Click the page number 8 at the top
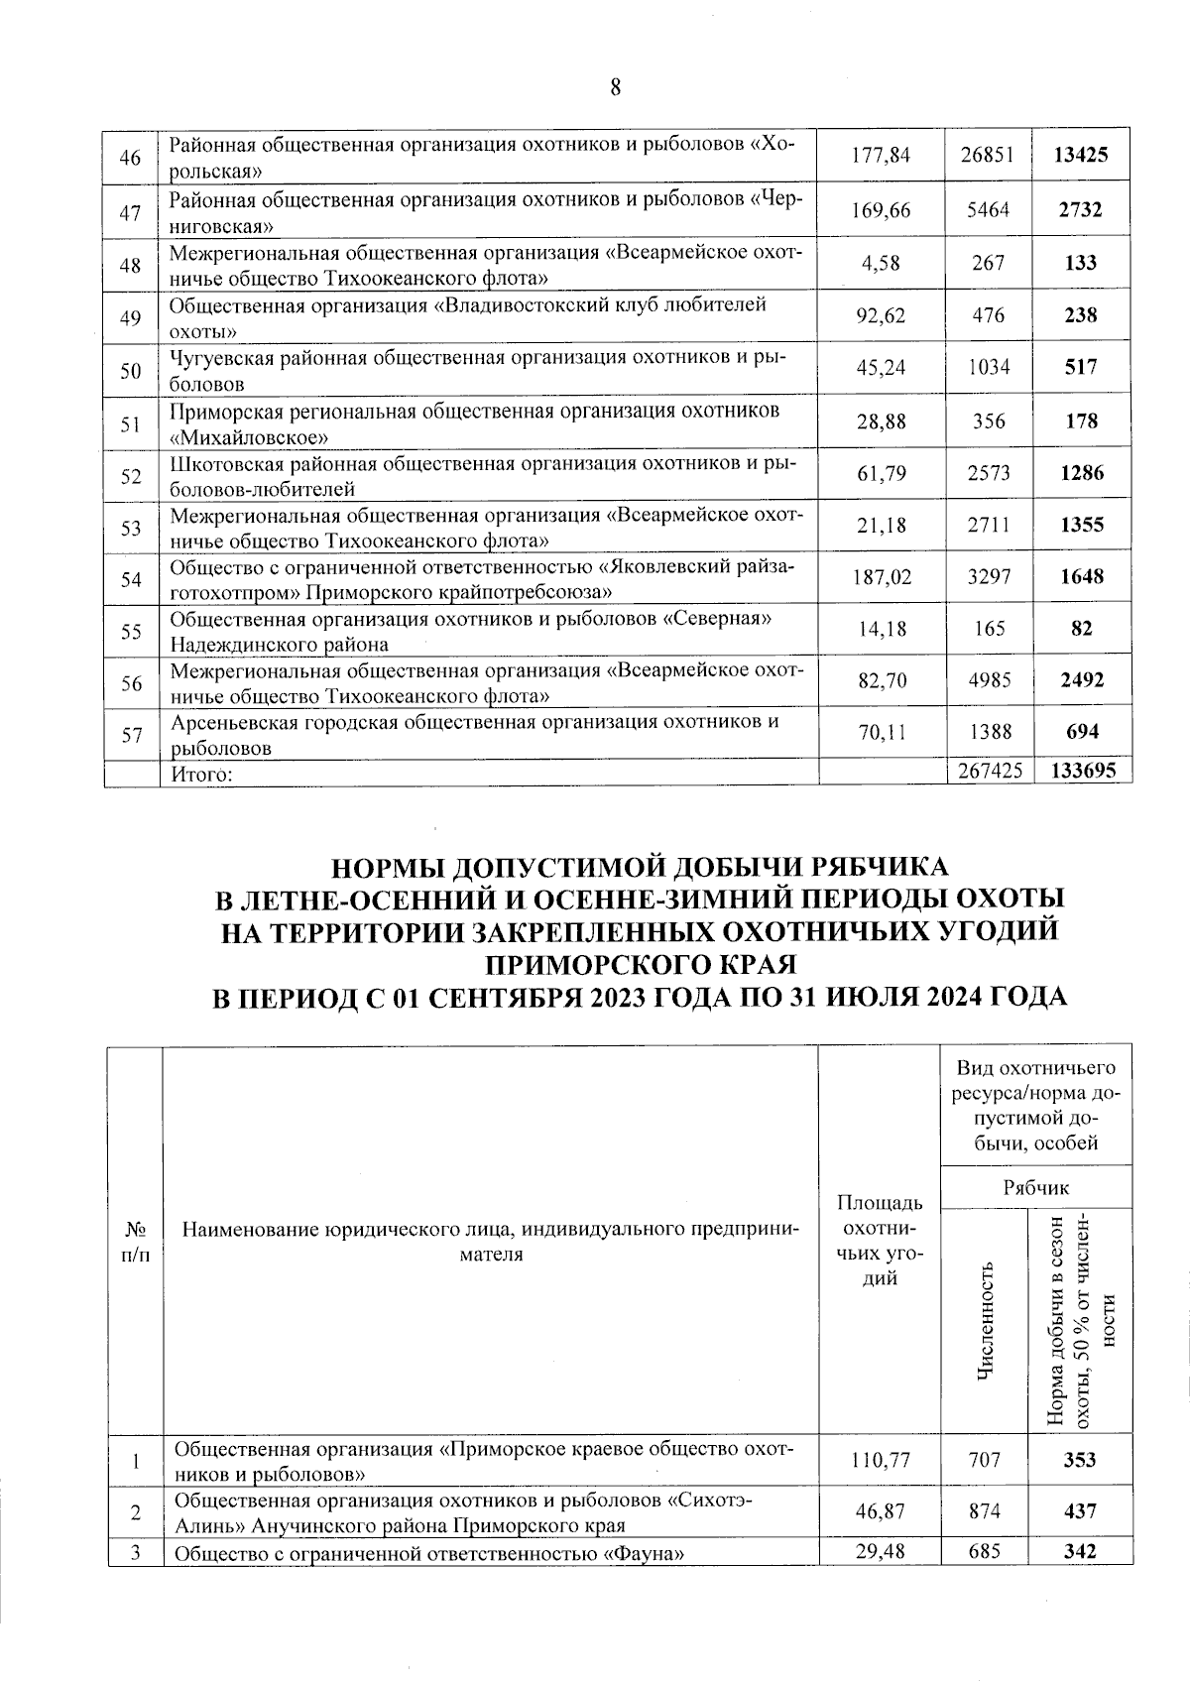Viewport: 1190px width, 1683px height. pyautogui.click(x=615, y=87)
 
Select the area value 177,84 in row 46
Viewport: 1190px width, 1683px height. pyautogui.click(x=881, y=156)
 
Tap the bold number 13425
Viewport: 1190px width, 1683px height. pyautogui.click(x=1080, y=156)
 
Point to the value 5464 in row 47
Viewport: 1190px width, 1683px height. pyautogui.click(x=988, y=210)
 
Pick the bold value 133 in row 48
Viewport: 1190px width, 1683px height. pyautogui.click(x=1080, y=263)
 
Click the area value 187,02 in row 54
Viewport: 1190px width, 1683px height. pyautogui.click(x=881, y=577)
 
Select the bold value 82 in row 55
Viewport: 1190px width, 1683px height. pyautogui.click(x=1080, y=629)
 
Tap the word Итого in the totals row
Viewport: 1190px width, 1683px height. pyautogui.click(x=198, y=775)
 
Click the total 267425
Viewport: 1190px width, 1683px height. pyautogui.click(x=988, y=771)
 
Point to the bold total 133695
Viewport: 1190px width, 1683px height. pyautogui.click(x=1080, y=771)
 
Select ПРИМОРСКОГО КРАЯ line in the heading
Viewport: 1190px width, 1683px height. pyautogui.click(x=640, y=963)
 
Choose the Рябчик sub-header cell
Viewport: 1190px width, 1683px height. pyautogui.click(x=1035, y=1187)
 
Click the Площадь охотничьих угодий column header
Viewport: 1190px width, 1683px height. pyautogui.click(x=881, y=1241)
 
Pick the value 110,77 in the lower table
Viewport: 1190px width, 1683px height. pyautogui.click(x=881, y=1460)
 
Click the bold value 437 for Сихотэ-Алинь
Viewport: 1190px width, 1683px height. pyautogui.click(x=1080, y=1511)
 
